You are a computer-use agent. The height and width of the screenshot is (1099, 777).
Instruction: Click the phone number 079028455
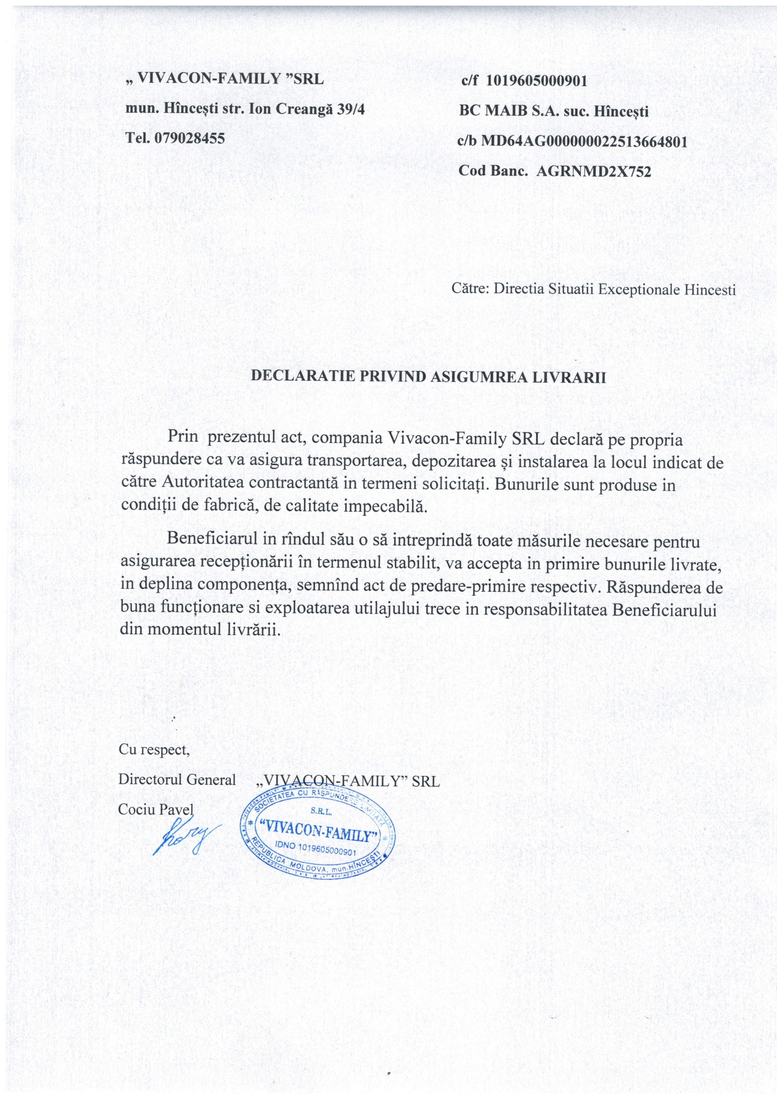pyautogui.click(x=189, y=138)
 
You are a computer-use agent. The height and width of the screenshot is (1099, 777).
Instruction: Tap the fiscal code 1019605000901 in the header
pyautogui.click(x=536, y=81)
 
